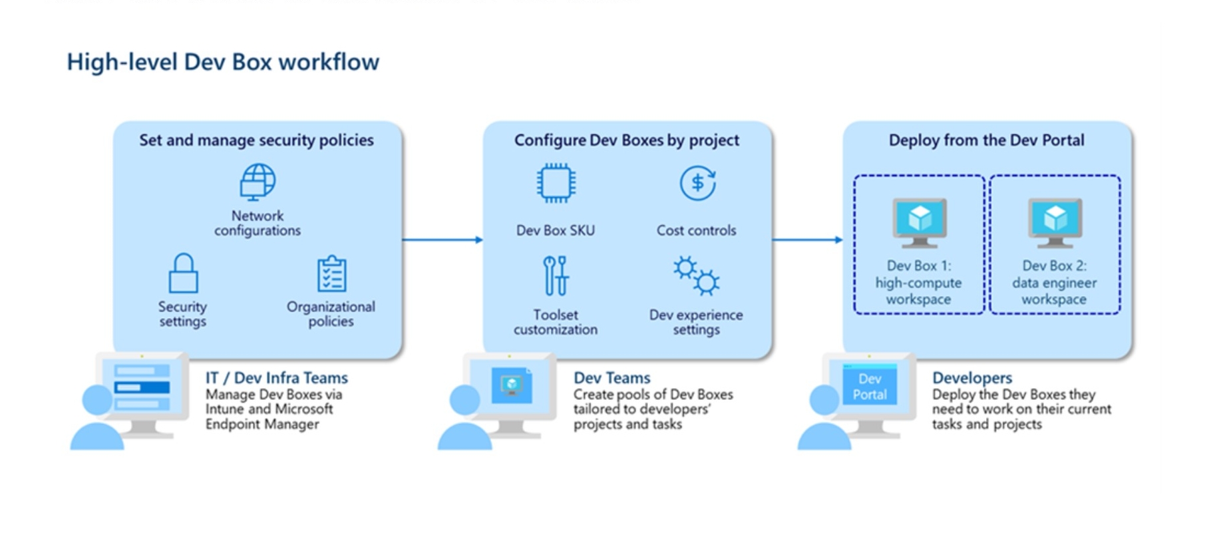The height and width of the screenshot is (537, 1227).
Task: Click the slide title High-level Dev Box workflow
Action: point(223,62)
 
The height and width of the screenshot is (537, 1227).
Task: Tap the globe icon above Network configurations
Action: point(258,182)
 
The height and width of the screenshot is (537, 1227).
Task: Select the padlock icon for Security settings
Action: point(183,273)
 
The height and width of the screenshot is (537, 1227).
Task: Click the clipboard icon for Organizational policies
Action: point(331,274)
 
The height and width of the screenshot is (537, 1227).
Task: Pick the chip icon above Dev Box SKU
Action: point(556,183)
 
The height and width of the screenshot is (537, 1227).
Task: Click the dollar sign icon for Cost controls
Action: point(697,183)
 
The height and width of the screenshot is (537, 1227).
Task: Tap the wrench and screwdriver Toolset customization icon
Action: point(556,275)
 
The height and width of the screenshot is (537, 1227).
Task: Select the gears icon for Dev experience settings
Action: point(696,275)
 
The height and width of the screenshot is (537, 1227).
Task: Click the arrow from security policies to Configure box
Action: point(442,240)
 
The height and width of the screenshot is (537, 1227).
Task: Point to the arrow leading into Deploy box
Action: point(807,240)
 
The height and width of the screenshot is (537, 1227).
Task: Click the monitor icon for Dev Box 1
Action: point(919,222)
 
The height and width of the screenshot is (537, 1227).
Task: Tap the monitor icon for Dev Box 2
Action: point(1055,222)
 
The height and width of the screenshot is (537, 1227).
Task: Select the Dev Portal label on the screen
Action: point(870,387)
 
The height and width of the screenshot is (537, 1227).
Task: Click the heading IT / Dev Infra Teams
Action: point(277,378)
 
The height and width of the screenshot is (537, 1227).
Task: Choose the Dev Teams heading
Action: point(612,378)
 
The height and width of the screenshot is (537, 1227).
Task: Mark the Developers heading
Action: point(971,378)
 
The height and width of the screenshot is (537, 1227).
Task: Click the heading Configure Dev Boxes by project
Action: point(626,140)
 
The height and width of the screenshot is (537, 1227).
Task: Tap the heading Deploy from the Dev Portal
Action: point(986,140)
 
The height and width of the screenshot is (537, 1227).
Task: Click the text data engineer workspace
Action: point(1054,291)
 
